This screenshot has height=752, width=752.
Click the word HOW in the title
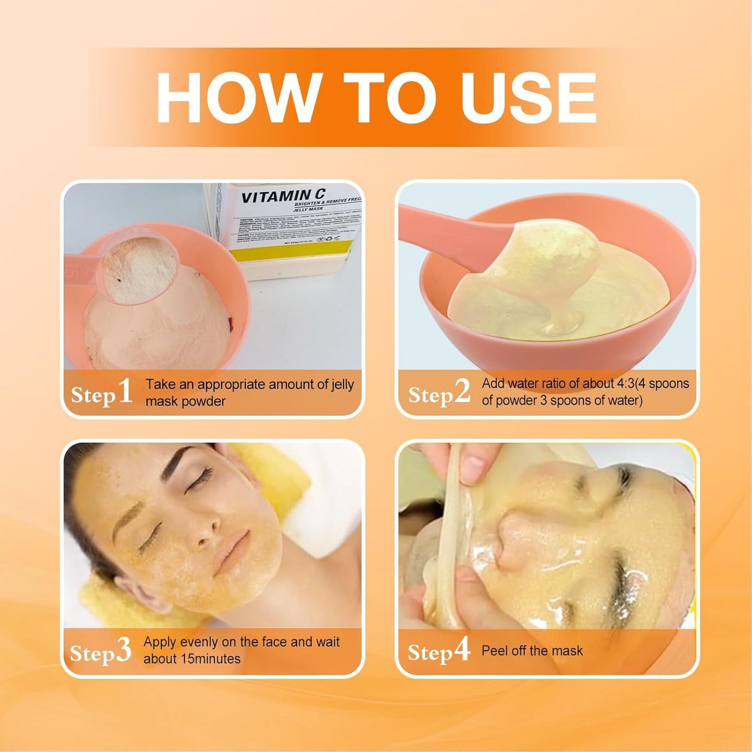click(237, 98)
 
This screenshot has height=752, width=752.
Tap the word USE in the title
click(528, 98)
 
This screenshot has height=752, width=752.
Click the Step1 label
click(101, 393)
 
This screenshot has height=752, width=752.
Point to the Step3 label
click(100, 652)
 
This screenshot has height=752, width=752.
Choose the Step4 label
click(439, 651)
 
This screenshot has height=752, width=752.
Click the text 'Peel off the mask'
click(532, 651)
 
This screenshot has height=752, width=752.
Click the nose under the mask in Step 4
click(513, 539)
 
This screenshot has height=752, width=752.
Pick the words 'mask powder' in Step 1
click(185, 401)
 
